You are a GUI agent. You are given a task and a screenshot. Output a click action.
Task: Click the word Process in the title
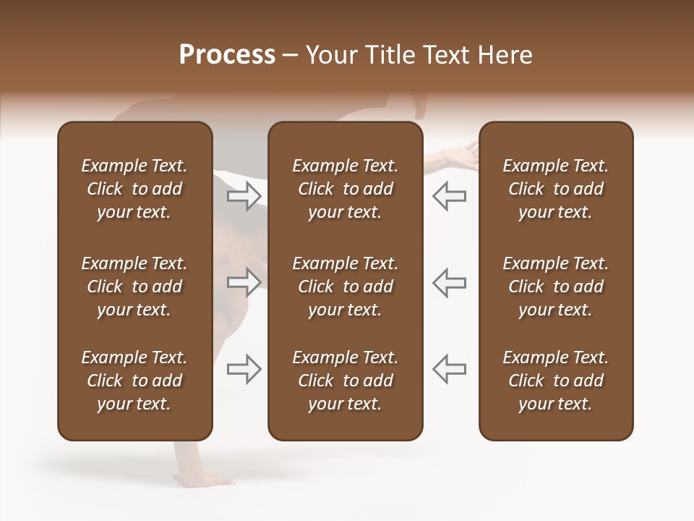tap(227, 55)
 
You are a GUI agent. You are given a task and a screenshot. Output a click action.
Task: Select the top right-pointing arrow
tap(244, 195)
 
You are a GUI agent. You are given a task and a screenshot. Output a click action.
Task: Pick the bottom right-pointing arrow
tap(244, 369)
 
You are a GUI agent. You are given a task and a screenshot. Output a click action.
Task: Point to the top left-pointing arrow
tap(449, 195)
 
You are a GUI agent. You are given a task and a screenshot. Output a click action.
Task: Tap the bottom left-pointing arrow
tap(449, 369)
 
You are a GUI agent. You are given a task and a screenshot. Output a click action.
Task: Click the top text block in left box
tap(134, 189)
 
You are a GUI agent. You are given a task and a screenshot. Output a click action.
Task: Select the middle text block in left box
tap(134, 287)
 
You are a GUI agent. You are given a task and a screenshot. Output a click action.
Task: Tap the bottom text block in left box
tap(134, 381)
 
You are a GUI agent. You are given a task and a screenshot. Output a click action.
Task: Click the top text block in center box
tap(345, 189)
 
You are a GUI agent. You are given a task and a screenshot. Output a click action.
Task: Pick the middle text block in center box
tap(345, 287)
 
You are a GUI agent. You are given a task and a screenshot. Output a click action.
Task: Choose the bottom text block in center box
tap(345, 381)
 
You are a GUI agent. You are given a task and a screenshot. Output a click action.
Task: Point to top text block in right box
tap(555, 189)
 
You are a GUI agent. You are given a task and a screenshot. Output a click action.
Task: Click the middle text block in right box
tap(555, 287)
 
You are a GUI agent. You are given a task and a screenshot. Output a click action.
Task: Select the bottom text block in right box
tap(555, 381)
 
